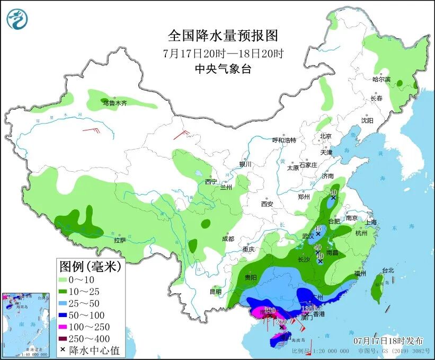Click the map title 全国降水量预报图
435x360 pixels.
click(223, 36)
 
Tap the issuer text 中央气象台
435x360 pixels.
click(223, 68)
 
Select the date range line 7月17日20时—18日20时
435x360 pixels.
click(223, 53)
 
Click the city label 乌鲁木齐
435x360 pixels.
click(115, 103)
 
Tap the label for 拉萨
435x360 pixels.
click(120, 240)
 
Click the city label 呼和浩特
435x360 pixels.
click(284, 140)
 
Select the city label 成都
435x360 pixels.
click(228, 239)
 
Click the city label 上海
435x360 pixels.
click(370, 222)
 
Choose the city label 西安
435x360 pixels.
click(266, 204)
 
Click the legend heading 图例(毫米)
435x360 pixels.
click(90, 266)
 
